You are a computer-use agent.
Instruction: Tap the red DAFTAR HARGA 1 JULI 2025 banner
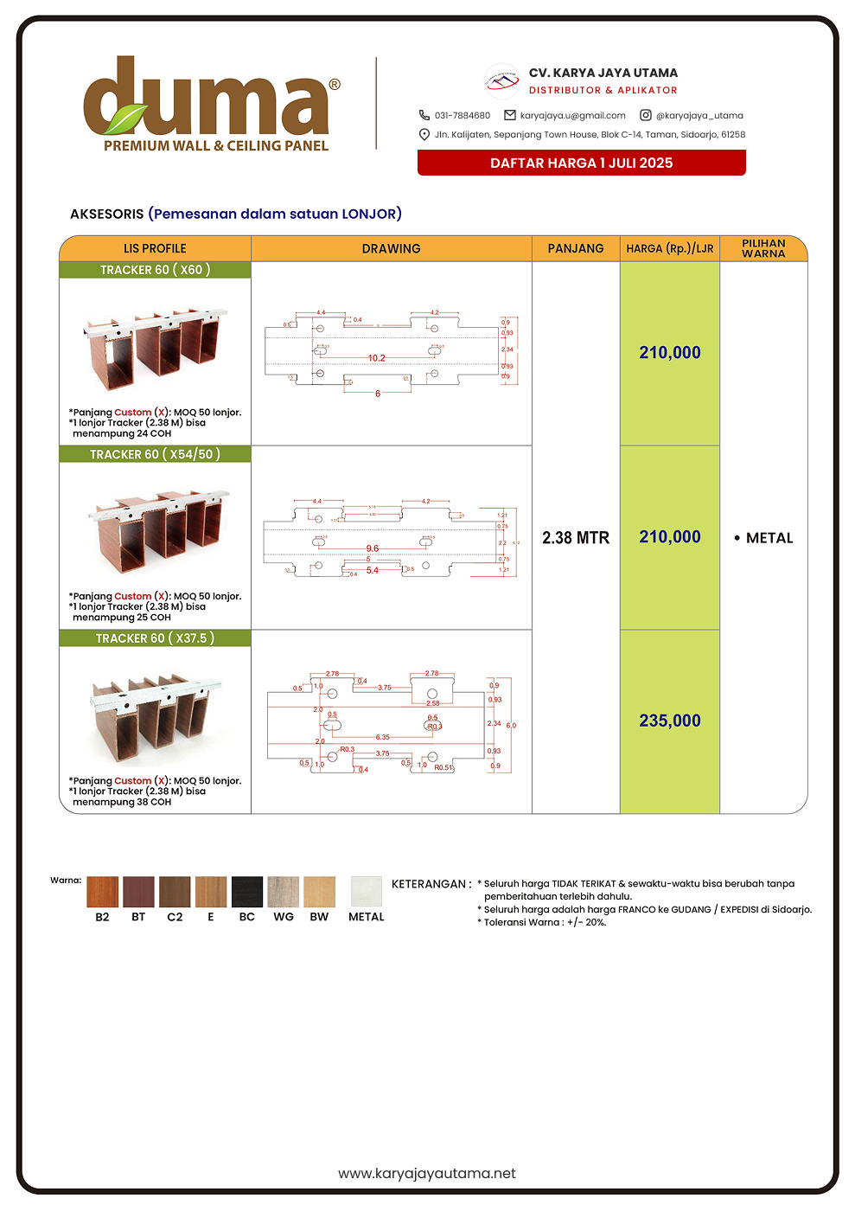click(581, 163)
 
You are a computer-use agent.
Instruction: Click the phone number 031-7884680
click(462, 115)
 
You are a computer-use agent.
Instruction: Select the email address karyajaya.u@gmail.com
click(572, 115)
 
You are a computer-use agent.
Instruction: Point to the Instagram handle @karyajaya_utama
click(699, 115)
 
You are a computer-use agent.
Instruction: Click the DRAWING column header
click(391, 248)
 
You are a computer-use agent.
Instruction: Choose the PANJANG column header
click(576, 248)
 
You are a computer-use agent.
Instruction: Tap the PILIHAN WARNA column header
click(763, 248)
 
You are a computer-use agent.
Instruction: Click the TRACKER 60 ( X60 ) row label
click(155, 270)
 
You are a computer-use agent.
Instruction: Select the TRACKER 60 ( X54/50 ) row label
click(155, 454)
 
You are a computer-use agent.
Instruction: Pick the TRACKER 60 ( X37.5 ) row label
click(155, 638)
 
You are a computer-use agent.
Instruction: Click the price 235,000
click(670, 721)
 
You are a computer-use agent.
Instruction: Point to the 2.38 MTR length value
click(576, 538)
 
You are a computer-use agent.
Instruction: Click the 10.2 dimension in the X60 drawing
click(376, 358)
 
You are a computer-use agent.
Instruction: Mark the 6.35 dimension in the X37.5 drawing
click(382, 737)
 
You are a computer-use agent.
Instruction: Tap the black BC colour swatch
click(247, 892)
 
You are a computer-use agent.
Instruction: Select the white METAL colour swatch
click(367, 892)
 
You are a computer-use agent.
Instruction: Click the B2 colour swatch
click(102, 892)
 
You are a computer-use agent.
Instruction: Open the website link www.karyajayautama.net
click(427, 1173)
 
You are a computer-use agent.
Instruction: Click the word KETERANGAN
click(429, 884)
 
